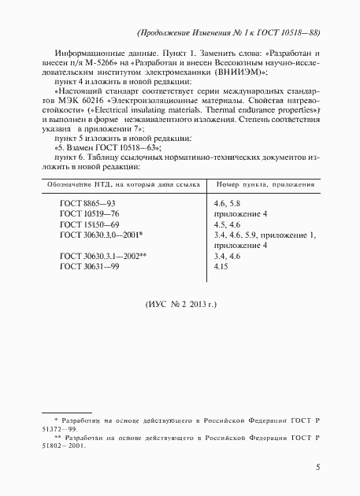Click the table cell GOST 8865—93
click(x=88, y=204)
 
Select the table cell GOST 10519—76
click(x=89, y=213)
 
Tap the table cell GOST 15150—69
click(x=89, y=224)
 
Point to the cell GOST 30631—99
click(x=89, y=266)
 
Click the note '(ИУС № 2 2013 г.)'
click(x=180, y=303)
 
